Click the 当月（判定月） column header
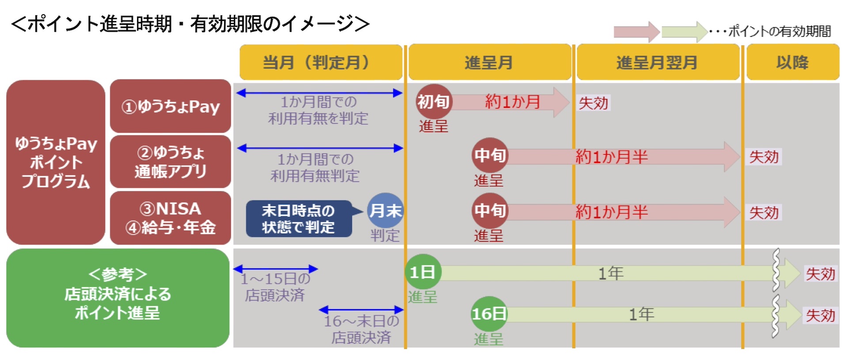pyautogui.click(x=321, y=62)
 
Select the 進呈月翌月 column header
pyautogui.click(x=658, y=62)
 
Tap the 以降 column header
pyautogui.click(x=793, y=62)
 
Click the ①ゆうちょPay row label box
pyautogui.click(x=170, y=106)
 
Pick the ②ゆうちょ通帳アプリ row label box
pyautogui.click(x=170, y=162)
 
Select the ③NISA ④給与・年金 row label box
pyautogui.click(x=170, y=218)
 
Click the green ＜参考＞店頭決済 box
pyautogui.click(x=117, y=298)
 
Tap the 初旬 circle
pyautogui.click(x=434, y=102)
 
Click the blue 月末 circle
pyautogui.click(x=386, y=210)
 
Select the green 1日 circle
pyautogui.click(x=423, y=272)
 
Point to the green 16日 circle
pyautogui.click(x=489, y=314)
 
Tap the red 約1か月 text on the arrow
pyautogui.click(x=513, y=102)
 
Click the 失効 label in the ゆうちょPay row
pyautogui.click(x=594, y=103)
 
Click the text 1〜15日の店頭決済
pyautogui.click(x=275, y=287)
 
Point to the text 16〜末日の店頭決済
pyautogui.click(x=361, y=329)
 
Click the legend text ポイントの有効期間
pyautogui.click(x=780, y=31)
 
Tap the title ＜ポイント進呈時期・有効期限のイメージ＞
pyautogui.click(x=190, y=24)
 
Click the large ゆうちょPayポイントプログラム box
pyautogui.click(x=56, y=162)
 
